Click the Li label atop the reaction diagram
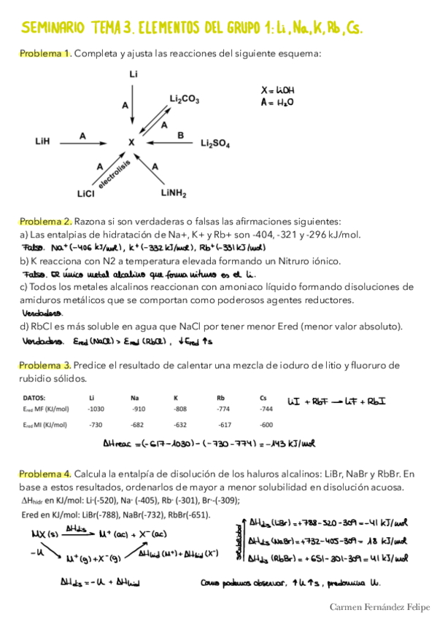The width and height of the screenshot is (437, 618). click(133, 74)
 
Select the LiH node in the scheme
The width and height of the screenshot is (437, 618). click(42, 143)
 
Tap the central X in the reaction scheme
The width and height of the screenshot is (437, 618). click(131, 143)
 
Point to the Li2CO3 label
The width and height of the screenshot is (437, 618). click(184, 98)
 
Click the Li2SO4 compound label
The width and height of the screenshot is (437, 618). click(214, 144)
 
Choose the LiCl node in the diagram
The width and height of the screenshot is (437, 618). click(85, 194)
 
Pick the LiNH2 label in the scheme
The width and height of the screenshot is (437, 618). click(175, 194)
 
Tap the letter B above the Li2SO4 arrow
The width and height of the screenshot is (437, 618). click(180, 135)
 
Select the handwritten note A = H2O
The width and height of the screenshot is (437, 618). click(276, 103)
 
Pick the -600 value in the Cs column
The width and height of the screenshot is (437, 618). click(266, 425)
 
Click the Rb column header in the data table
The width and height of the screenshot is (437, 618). click(220, 398)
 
